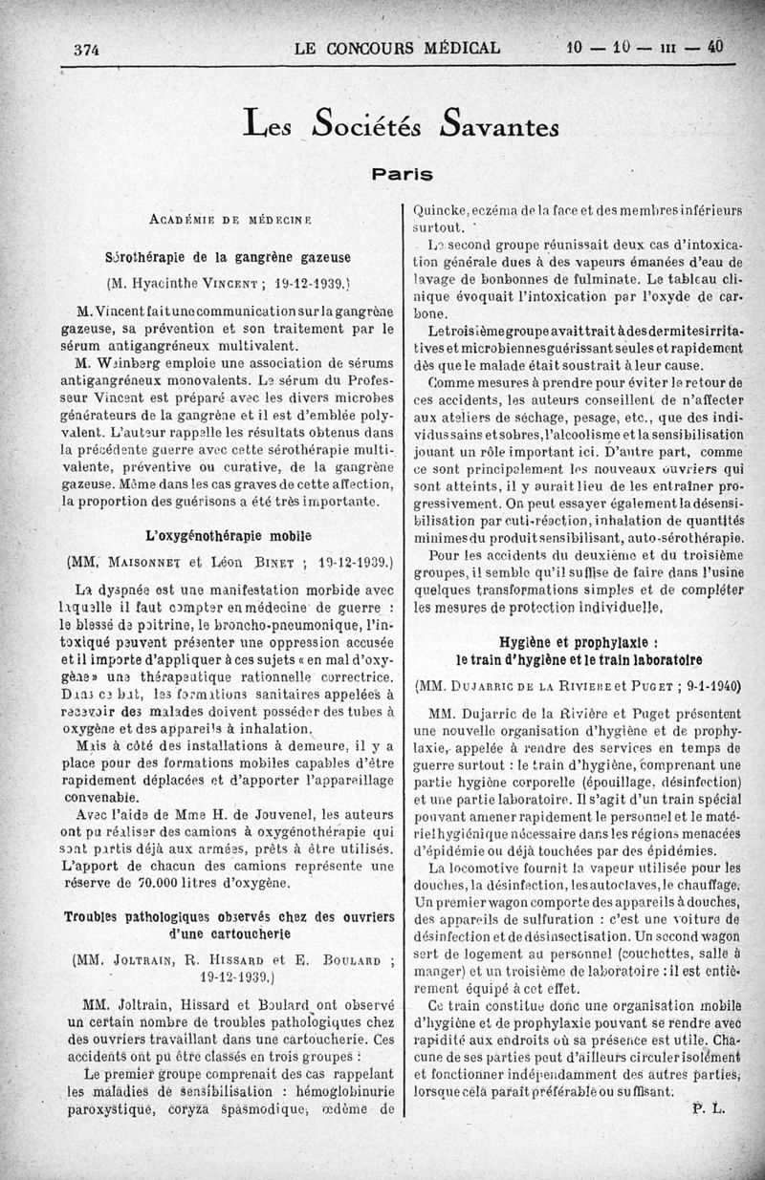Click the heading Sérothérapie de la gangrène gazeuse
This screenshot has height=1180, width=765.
pyautogui.click(x=228, y=257)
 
